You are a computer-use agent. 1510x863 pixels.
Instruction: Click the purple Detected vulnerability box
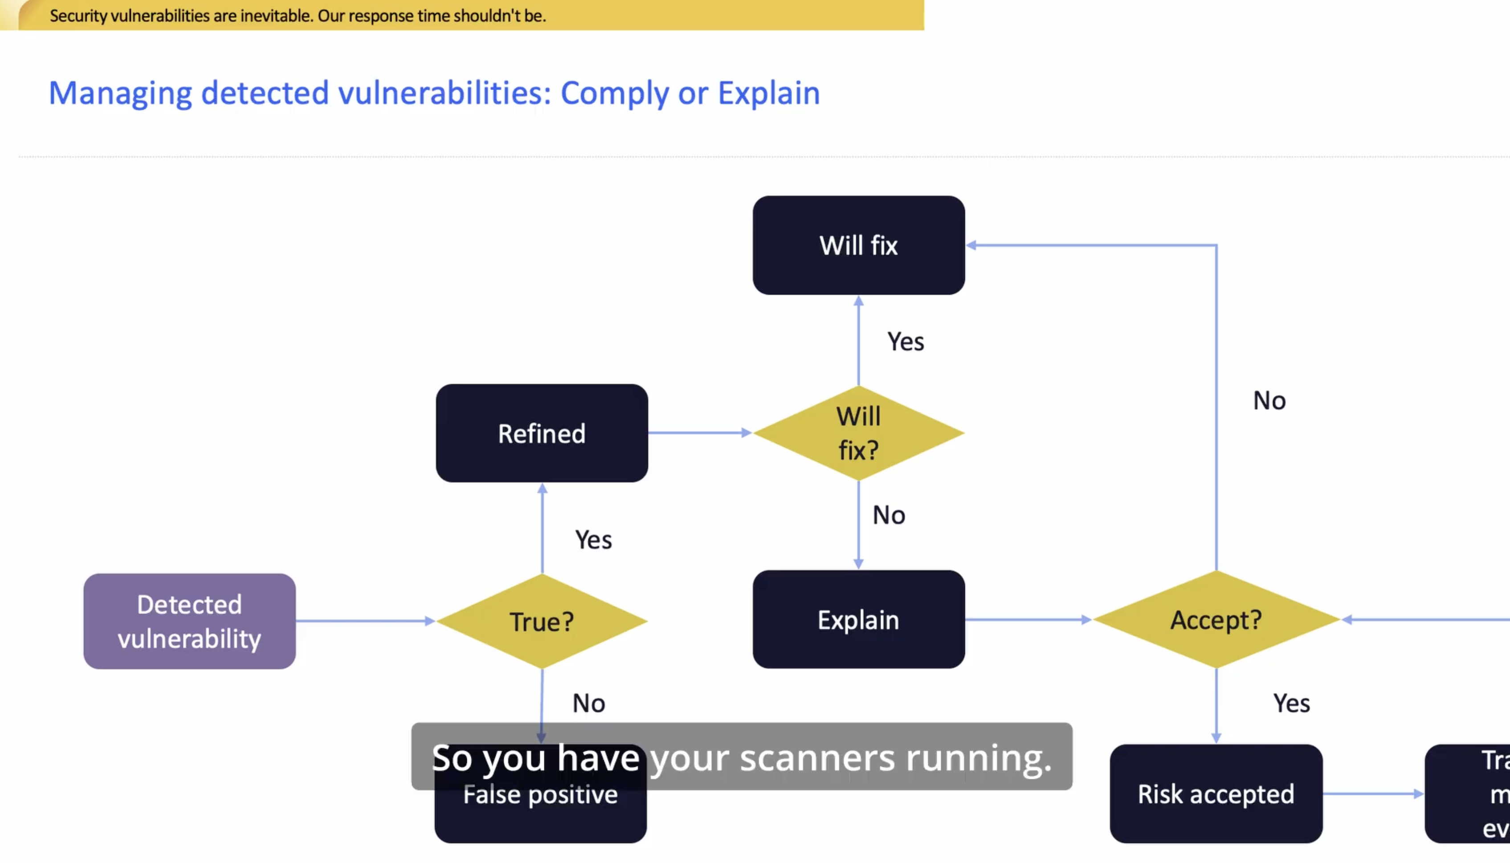pos(189,621)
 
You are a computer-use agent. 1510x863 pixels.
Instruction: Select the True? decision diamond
pos(541,621)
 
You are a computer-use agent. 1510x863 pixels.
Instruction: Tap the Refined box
pos(541,433)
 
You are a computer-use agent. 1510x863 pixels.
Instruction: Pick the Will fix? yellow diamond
pos(858,433)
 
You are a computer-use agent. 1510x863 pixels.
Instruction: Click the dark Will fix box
pos(858,245)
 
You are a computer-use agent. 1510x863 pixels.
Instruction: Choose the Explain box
pos(858,620)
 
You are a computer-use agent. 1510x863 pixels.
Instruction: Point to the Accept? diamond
pos(1216,620)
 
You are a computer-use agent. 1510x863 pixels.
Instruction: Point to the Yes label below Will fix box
pos(905,342)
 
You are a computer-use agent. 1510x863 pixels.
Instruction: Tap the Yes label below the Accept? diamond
pos(1291,704)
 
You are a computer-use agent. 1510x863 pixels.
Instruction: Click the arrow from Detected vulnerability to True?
pos(365,621)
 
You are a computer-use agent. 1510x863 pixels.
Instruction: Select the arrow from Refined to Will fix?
pos(700,433)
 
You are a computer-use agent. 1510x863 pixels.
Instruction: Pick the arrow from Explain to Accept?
pos(1028,620)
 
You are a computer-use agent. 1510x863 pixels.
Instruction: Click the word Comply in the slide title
pos(614,93)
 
